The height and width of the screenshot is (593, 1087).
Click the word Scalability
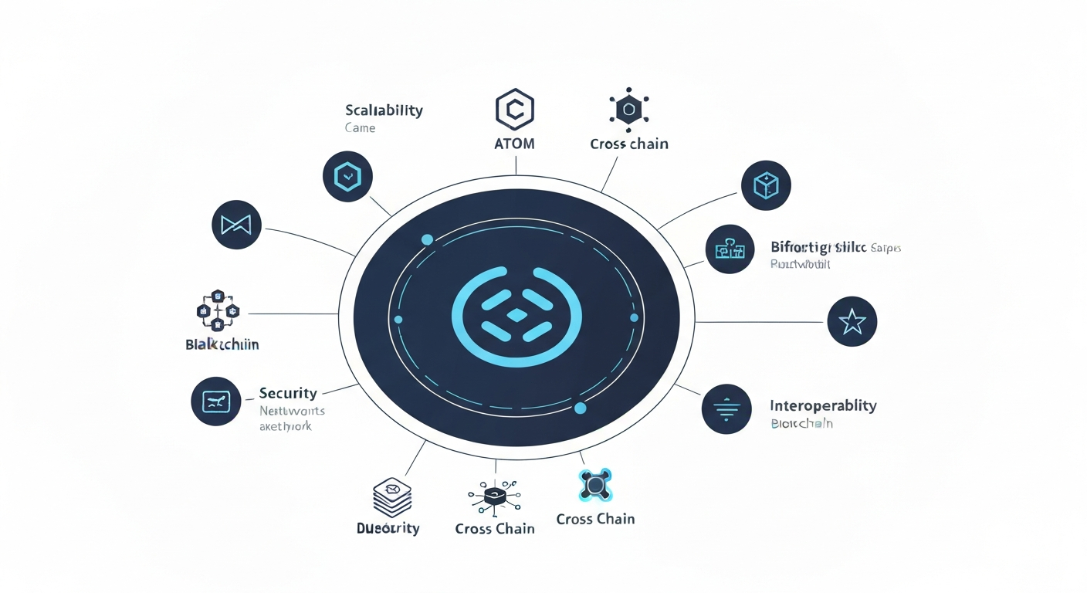pyautogui.click(x=384, y=110)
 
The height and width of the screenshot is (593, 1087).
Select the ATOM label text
pyautogui.click(x=514, y=144)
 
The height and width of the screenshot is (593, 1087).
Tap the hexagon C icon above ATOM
pyautogui.click(x=515, y=109)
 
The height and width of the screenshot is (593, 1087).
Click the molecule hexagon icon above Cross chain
pyautogui.click(x=629, y=110)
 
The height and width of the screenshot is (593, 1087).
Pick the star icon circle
pyautogui.click(x=852, y=321)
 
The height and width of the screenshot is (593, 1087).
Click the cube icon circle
pyautogui.click(x=766, y=185)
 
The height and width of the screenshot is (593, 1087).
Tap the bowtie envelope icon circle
pyautogui.click(x=236, y=225)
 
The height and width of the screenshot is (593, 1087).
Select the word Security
pyautogui.click(x=288, y=392)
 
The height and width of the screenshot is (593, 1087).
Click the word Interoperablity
pyautogui.click(x=823, y=405)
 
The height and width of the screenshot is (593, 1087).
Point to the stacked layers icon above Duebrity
pyautogui.click(x=392, y=497)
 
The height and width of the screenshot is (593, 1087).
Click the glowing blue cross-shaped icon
pyautogui.click(x=595, y=485)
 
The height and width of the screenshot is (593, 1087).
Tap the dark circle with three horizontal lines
pyautogui.click(x=726, y=408)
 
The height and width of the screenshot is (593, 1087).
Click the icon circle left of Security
pyautogui.click(x=215, y=402)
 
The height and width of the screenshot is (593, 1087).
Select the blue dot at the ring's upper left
pyautogui.click(x=427, y=240)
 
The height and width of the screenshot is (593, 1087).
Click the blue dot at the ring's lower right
pyautogui.click(x=581, y=408)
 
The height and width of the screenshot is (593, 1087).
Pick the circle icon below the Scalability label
pyautogui.click(x=347, y=177)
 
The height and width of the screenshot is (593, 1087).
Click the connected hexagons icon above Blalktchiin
pyautogui.click(x=218, y=312)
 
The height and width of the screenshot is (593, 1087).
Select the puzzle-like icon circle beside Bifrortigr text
pyautogui.click(x=730, y=249)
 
